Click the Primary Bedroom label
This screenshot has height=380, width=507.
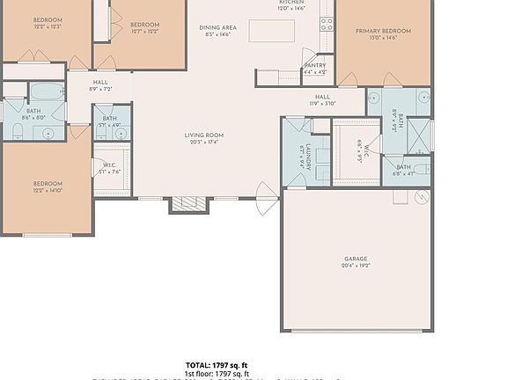pyautogui.click(x=384, y=31)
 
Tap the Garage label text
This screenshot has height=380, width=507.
pyautogui.click(x=356, y=259)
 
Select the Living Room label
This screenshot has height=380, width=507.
pyautogui.click(x=203, y=135)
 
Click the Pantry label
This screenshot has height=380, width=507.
pyautogui.click(x=314, y=65)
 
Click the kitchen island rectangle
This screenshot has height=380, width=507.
pyautogui.click(x=272, y=31)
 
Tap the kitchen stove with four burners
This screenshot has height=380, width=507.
pyautogui.click(x=327, y=24)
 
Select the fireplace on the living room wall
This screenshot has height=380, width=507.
pyautogui.click(x=187, y=204)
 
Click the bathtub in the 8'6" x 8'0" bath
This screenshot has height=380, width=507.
pyautogui.click(x=48, y=91)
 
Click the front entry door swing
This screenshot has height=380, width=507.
pyautogui.click(x=266, y=199)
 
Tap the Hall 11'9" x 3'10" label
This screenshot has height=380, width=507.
pyautogui.click(x=322, y=99)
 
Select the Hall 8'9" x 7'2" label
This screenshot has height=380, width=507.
pyautogui.click(x=100, y=85)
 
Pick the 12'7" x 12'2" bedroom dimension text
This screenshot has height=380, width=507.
pyautogui.click(x=143, y=32)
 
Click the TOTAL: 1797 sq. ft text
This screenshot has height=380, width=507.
pyautogui.click(x=217, y=364)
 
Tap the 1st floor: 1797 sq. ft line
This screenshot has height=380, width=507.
pyautogui.click(x=217, y=373)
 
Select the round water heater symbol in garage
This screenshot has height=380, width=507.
pyautogui.click(x=422, y=196)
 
